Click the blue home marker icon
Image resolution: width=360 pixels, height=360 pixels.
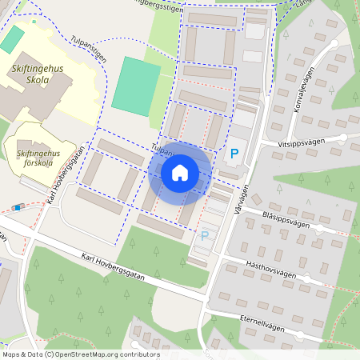[180, 172]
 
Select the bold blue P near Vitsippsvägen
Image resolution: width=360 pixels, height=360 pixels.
[234, 153]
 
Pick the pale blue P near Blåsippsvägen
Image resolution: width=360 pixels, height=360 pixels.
[204, 235]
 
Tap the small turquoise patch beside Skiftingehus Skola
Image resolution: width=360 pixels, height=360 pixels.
[13, 38]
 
